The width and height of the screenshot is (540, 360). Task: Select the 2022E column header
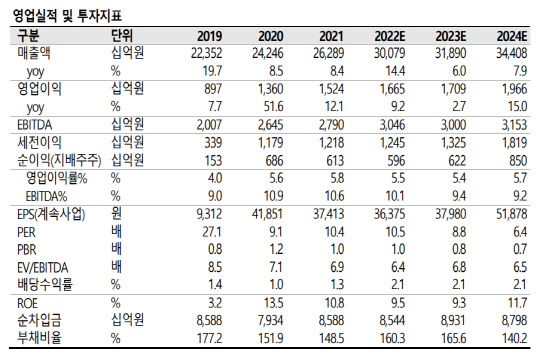(x=381, y=36)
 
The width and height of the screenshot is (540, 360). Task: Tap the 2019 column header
(x=208, y=36)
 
